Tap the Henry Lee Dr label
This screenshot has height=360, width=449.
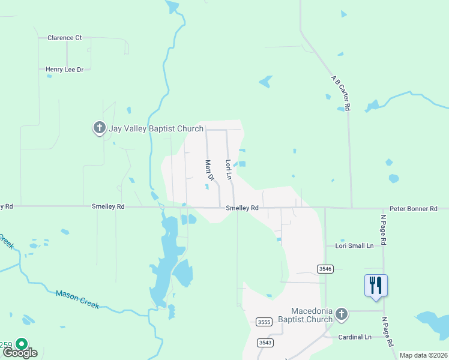click(x=64, y=70)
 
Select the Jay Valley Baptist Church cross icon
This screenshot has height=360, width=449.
click(x=99, y=128)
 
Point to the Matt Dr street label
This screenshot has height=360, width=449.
click(x=209, y=170)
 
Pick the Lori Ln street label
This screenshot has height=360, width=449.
click(x=228, y=170)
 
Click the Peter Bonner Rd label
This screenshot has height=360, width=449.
click(x=413, y=209)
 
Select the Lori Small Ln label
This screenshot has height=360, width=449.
click(x=354, y=246)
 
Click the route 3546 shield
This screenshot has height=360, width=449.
click(x=325, y=268)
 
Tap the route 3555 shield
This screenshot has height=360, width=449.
click(x=264, y=322)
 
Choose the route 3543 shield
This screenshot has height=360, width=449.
click(x=265, y=343)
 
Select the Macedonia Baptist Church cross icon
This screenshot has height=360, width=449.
click(x=342, y=314)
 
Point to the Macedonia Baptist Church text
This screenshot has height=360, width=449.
click(x=312, y=315)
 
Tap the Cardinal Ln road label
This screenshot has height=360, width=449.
click(x=355, y=337)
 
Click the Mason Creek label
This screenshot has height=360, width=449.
click(x=77, y=299)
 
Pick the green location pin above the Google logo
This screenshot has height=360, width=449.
click(x=22, y=344)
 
